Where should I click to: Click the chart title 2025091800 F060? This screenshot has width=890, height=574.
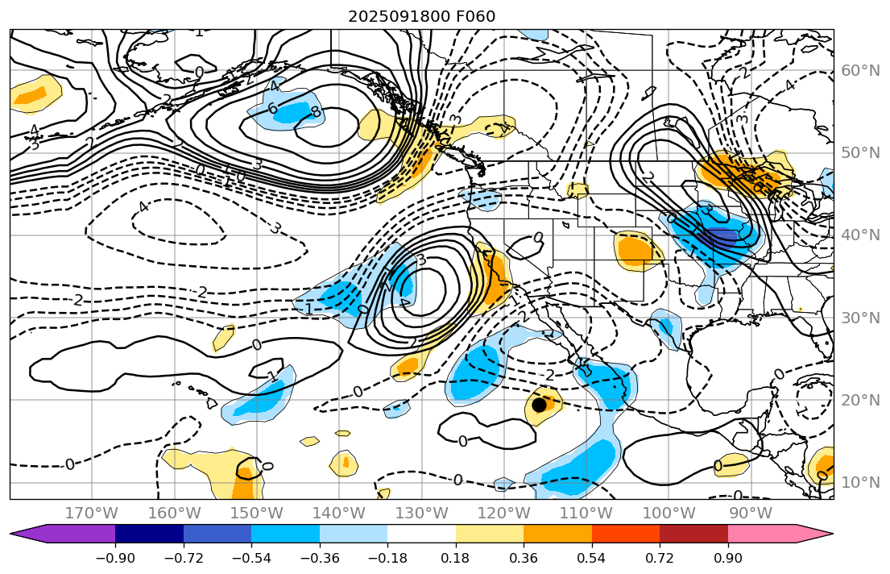tap(421, 16)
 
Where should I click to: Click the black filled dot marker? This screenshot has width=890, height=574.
tap(539, 405)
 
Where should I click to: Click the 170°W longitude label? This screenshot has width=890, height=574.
tap(92, 513)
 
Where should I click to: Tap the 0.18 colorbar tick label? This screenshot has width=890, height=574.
tap(456, 558)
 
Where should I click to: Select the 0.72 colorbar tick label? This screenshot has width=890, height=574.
tap(660, 558)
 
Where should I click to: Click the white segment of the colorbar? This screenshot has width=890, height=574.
tap(421, 533)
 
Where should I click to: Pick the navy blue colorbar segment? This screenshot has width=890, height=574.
tap(149, 533)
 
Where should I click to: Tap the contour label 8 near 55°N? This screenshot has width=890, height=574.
tap(315, 112)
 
